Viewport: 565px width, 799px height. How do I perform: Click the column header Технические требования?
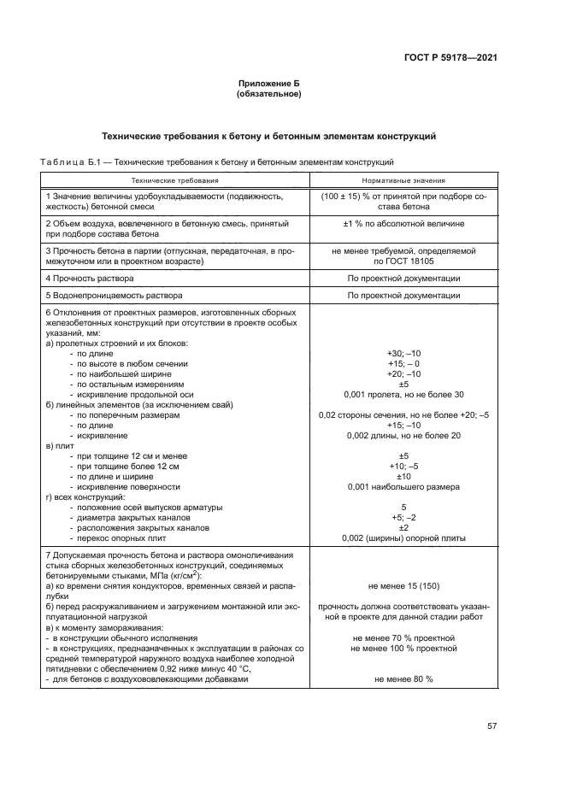(174, 181)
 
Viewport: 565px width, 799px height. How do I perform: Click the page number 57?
(491, 726)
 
